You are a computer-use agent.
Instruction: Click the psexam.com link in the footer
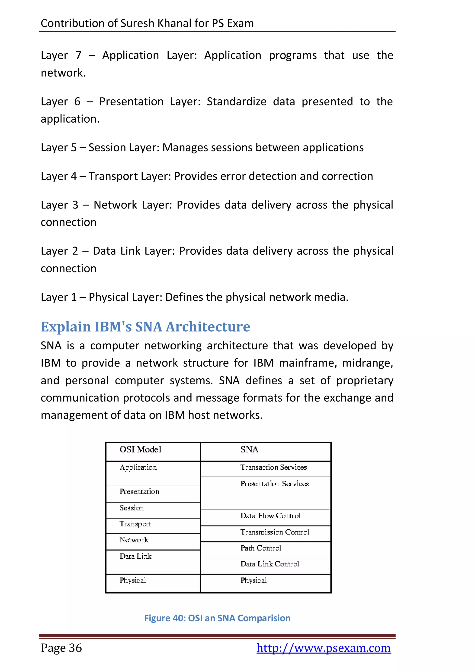point(324,648)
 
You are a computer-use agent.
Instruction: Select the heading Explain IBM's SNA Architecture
point(145,327)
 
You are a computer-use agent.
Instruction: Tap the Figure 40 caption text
point(217,618)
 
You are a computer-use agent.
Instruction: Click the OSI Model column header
point(140,449)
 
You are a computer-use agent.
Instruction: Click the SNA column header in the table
point(249,449)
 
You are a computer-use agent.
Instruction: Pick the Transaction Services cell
point(273,467)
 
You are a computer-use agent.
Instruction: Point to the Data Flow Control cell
point(270,516)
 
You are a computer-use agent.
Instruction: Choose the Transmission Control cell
point(275,532)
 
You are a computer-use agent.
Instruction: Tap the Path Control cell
point(261,548)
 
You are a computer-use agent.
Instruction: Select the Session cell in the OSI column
point(132,508)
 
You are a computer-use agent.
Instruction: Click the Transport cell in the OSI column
point(135,524)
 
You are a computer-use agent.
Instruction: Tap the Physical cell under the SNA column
point(254,580)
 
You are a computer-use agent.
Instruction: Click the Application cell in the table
point(138,468)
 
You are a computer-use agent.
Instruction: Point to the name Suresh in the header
point(137,23)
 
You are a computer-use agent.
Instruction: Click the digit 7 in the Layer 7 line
point(78,55)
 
